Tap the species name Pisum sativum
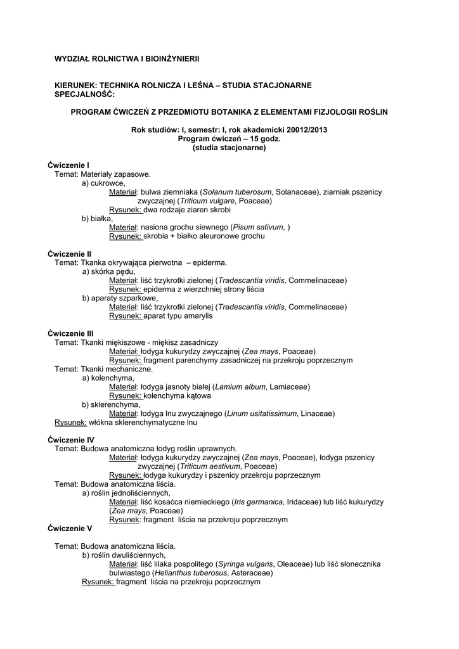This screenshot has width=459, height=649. click(x=258, y=227)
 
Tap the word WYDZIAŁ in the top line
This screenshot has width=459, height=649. click(x=75, y=58)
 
